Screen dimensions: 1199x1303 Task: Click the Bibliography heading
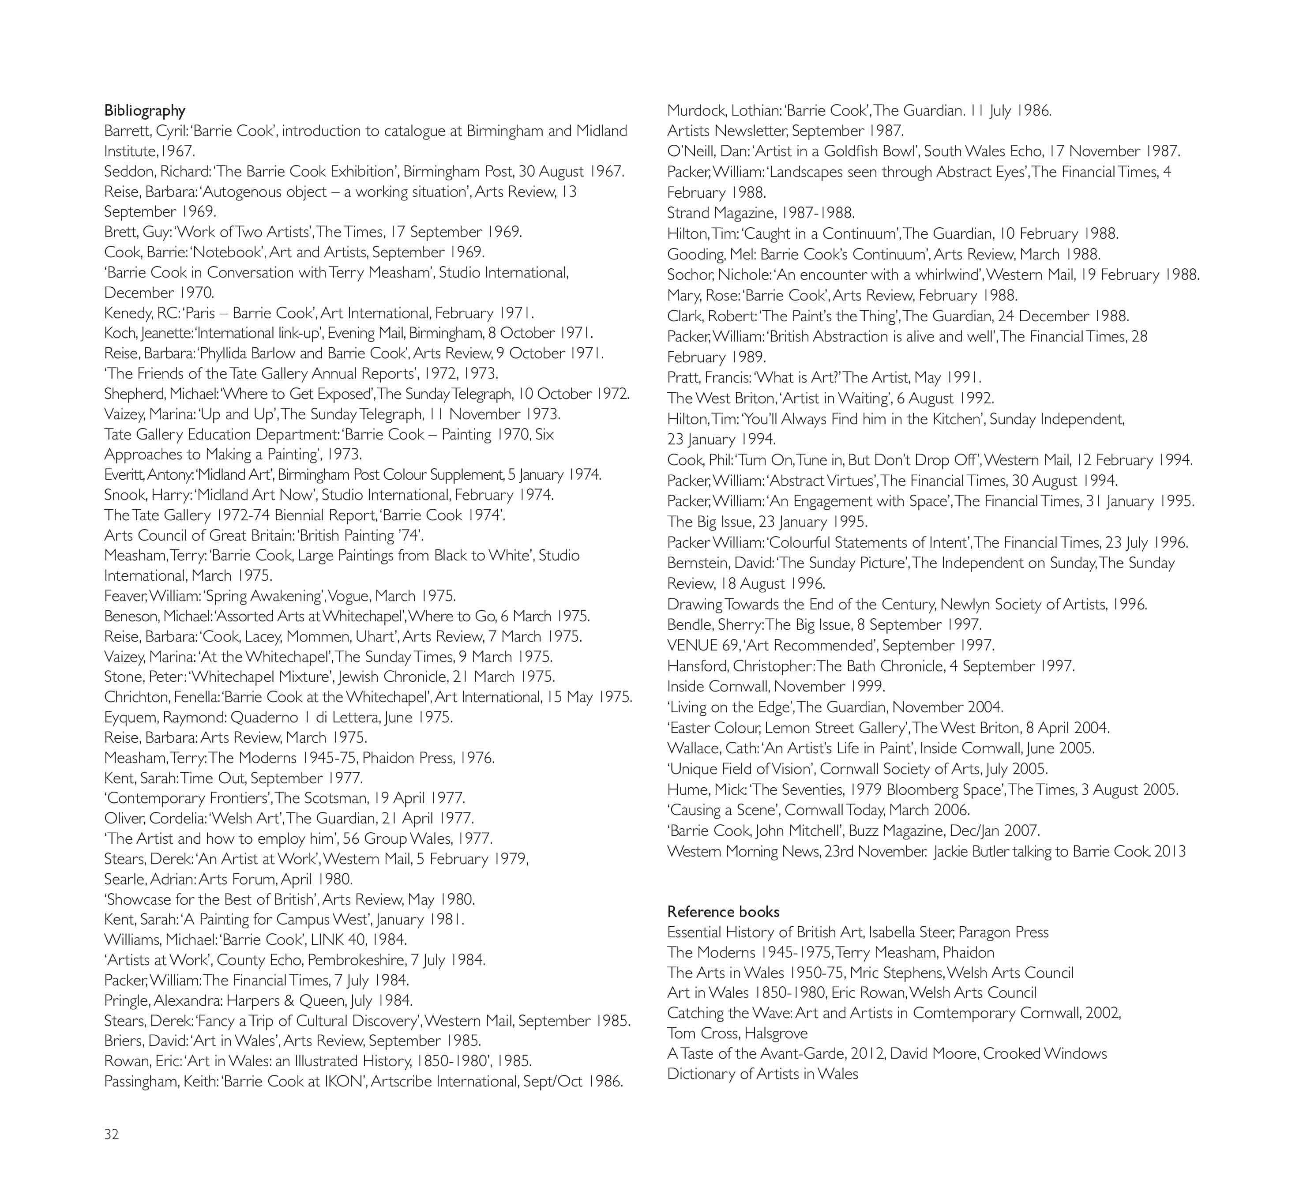coord(145,110)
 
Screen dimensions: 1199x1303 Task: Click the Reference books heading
coord(723,912)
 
